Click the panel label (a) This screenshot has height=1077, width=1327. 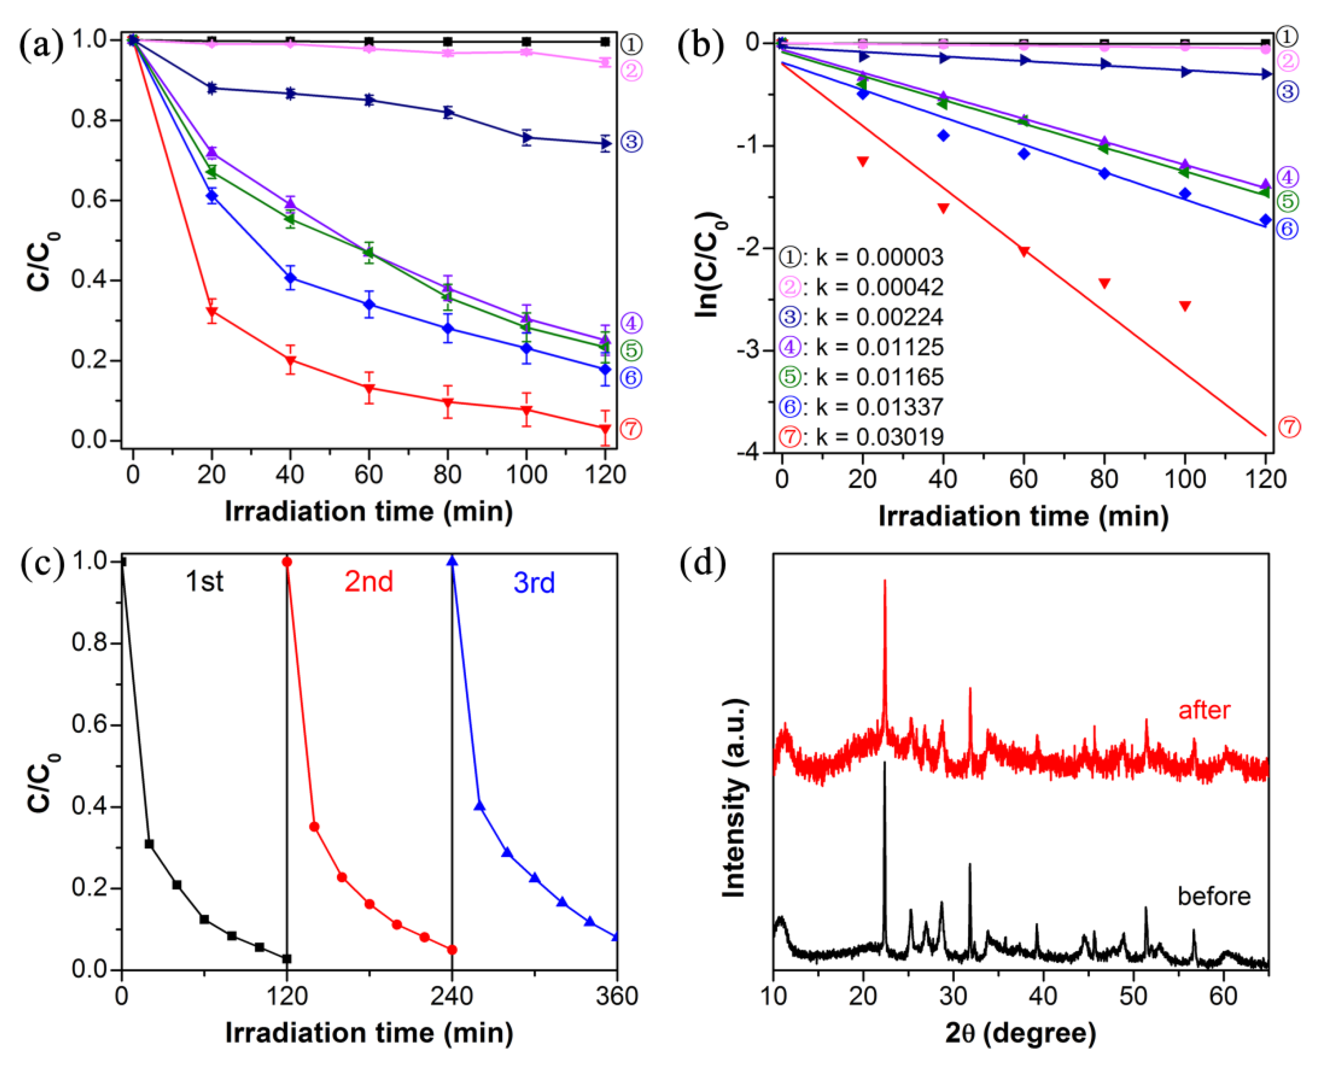(40, 46)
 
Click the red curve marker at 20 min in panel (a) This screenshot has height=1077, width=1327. (212, 312)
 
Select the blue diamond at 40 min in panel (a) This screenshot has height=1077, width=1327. (291, 278)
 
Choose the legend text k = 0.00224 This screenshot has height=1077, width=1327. (880, 317)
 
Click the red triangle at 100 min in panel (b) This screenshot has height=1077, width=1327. (1185, 306)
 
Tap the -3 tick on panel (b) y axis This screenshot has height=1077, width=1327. (748, 350)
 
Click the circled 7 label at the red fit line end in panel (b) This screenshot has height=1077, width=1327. (1289, 427)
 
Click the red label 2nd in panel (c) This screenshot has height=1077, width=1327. (369, 582)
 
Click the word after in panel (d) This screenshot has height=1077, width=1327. (1204, 710)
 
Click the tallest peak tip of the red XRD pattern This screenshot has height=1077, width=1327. (884, 581)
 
